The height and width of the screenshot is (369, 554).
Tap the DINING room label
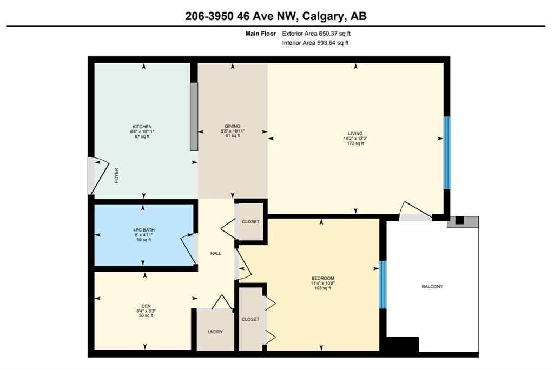[233, 126]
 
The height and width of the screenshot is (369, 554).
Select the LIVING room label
[355, 133]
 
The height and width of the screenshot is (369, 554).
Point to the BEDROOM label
[322, 278]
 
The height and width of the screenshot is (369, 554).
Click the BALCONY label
[432, 286]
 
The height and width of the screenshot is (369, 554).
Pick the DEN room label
[146, 306]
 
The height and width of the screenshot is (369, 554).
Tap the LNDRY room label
[215, 332]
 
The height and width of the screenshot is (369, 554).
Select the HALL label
[216, 253]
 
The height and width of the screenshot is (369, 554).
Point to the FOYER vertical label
[116, 176]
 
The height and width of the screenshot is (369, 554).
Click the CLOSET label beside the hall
[250, 221]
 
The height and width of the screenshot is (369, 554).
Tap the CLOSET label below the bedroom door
[250, 319]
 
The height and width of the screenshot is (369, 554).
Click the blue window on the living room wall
[447, 153]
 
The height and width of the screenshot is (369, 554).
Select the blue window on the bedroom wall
[382, 285]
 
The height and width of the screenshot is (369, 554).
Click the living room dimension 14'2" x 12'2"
[355, 138]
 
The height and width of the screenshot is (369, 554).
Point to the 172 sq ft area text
[355, 143]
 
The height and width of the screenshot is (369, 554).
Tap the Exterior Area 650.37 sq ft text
[318, 34]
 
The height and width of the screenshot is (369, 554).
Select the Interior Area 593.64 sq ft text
[315, 43]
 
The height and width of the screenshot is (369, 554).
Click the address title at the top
[276, 16]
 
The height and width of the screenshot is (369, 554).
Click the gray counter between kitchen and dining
[193, 116]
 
